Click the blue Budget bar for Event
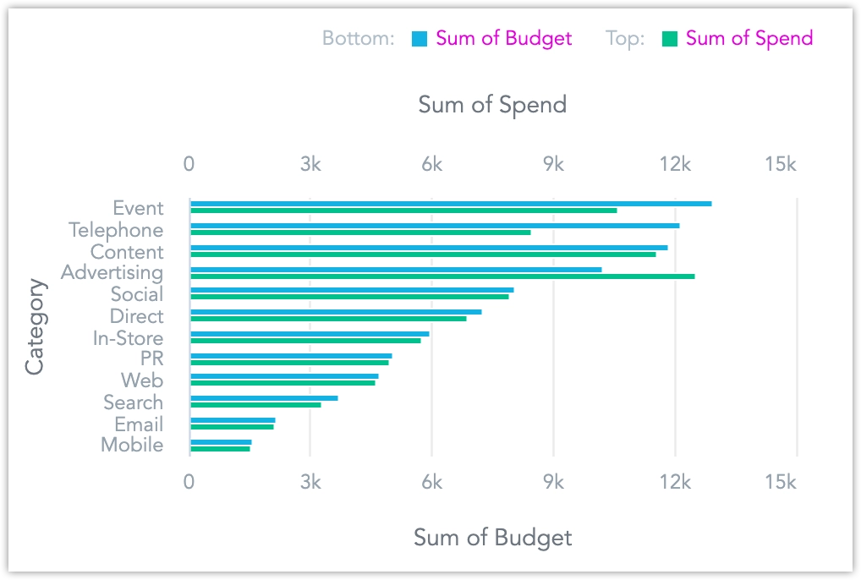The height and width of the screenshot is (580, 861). (451, 204)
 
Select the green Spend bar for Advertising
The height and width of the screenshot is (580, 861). (442, 276)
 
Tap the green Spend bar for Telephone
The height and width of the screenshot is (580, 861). (360, 233)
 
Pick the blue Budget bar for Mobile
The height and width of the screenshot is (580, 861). (221, 441)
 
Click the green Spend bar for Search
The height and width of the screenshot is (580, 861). (255, 405)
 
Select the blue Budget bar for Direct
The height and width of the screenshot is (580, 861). (336, 312)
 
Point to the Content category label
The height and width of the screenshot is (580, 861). (127, 252)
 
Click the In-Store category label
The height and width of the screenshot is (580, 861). (129, 338)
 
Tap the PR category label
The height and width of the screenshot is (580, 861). (152, 359)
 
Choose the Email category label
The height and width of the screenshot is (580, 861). (140, 424)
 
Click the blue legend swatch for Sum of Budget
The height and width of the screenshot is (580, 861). (420, 39)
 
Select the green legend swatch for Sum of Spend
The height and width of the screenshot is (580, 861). (670, 39)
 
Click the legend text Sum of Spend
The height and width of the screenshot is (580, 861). (749, 38)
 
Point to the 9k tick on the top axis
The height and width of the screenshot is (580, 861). (553, 165)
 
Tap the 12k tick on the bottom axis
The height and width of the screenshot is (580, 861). (675, 482)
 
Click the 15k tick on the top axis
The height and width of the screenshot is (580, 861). (780, 165)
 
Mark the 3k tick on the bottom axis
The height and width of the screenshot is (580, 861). (310, 482)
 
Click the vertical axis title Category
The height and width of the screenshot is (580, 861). (35, 326)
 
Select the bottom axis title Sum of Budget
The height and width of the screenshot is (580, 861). (492, 538)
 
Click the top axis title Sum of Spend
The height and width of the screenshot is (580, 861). (492, 105)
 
